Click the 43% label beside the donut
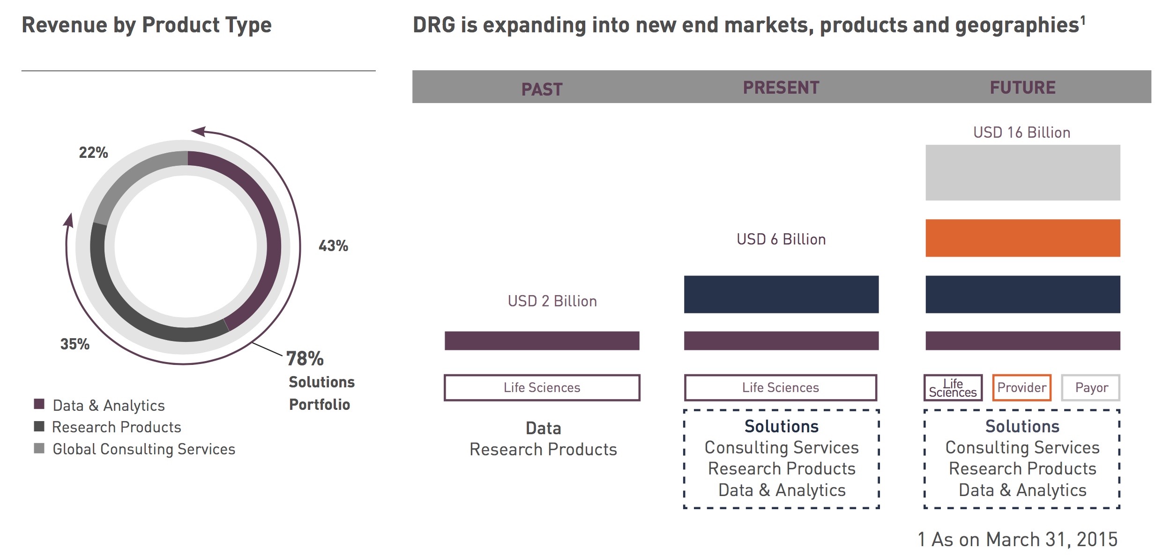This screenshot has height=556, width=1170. pyautogui.click(x=333, y=246)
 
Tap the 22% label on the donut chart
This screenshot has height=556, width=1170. pyautogui.click(x=93, y=153)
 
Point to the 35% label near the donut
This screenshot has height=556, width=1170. pyautogui.click(x=75, y=344)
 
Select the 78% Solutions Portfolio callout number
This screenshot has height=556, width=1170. pyautogui.click(x=305, y=359)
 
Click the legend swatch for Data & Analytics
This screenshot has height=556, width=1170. pyautogui.click(x=39, y=404)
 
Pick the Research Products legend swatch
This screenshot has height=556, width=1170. pyautogui.click(x=39, y=426)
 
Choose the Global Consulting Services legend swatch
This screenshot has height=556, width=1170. pyautogui.click(x=39, y=448)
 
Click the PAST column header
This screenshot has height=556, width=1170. pyautogui.click(x=542, y=89)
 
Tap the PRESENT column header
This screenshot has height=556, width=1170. pyautogui.click(x=781, y=88)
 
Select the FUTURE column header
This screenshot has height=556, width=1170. pyautogui.click(x=1022, y=88)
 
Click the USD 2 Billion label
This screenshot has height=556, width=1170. pyautogui.click(x=552, y=301)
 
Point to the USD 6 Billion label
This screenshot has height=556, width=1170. pyautogui.click(x=781, y=239)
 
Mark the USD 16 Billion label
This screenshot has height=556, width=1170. pyautogui.click(x=1021, y=133)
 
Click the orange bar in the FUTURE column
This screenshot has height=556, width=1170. pyautogui.click(x=1022, y=238)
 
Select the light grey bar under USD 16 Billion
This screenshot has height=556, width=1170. pyautogui.click(x=1022, y=172)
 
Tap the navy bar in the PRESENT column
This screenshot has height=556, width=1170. pyautogui.click(x=781, y=294)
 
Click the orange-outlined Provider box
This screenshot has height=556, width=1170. pyautogui.click(x=1021, y=387)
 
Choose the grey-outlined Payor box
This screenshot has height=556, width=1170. pyautogui.click(x=1091, y=387)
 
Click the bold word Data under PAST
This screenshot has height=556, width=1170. pyautogui.click(x=543, y=428)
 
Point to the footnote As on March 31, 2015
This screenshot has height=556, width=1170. pyautogui.click(x=1018, y=540)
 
